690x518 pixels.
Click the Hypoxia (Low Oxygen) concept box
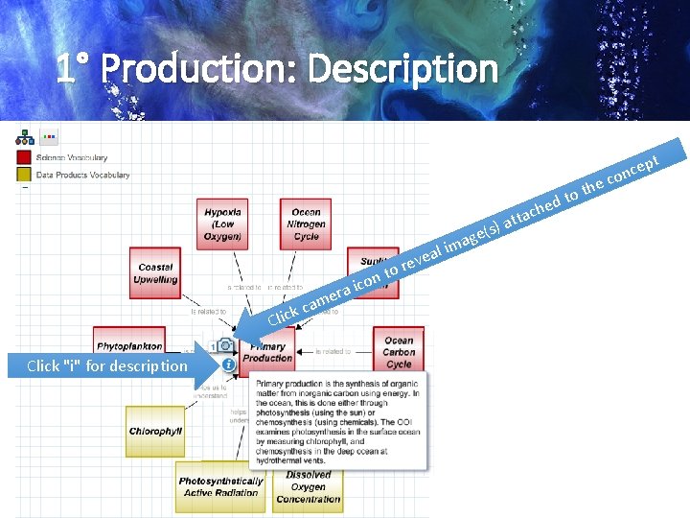point(222,224)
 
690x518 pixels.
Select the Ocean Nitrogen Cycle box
point(306,224)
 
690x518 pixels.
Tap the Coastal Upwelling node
point(155,272)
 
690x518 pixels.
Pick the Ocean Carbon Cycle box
point(399,352)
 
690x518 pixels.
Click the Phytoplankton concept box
point(129,345)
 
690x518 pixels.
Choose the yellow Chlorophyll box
point(155,432)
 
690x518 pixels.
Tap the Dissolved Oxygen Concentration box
point(309,486)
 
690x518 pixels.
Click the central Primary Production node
point(267,352)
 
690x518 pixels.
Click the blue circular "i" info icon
point(228,365)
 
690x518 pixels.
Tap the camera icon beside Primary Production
point(225,344)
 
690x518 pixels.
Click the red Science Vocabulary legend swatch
point(24,157)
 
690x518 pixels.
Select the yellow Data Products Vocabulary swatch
point(24,175)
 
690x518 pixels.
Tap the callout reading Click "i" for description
point(107,365)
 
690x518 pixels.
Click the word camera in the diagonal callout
point(326,297)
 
